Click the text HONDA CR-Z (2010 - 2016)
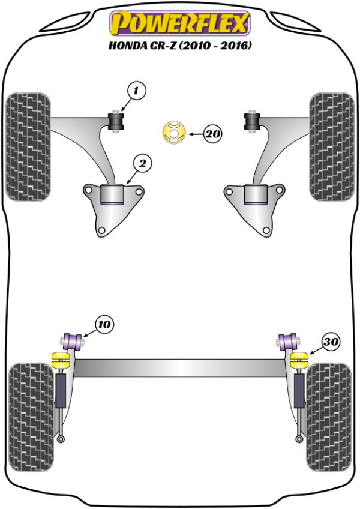(x=179, y=46)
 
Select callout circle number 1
(x=136, y=91)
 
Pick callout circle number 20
(x=211, y=134)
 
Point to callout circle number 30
(x=330, y=342)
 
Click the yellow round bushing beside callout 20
(x=174, y=133)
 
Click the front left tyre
(x=27, y=147)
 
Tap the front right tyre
(x=332, y=147)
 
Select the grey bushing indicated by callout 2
(x=112, y=194)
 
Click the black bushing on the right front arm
(x=252, y=121)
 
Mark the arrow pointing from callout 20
(x=194, y=134)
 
